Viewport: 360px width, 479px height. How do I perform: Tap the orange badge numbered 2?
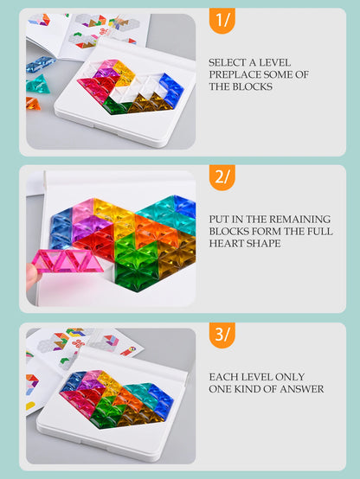222,177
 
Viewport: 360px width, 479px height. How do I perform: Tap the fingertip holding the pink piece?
32,276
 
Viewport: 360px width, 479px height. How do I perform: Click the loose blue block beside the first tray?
40,64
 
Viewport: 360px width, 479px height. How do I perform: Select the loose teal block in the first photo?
38,85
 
